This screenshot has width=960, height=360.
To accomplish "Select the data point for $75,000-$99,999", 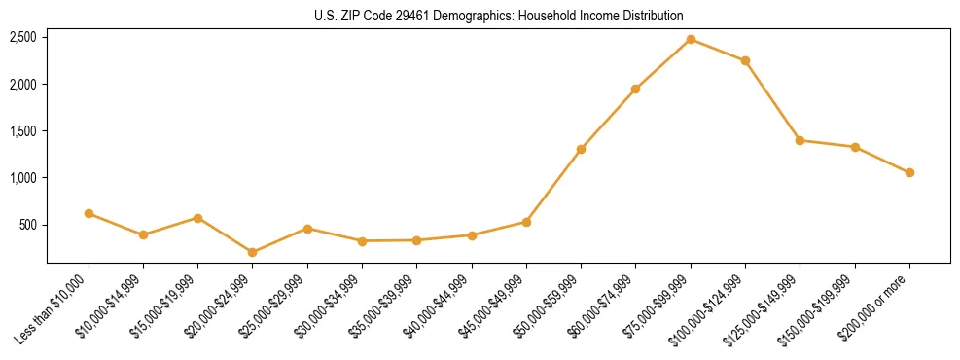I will (691, 39).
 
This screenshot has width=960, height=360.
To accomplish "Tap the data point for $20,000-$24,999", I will (253, 252).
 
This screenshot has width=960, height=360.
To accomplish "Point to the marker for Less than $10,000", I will (89, 213).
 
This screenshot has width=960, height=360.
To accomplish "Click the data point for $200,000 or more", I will (909, 172).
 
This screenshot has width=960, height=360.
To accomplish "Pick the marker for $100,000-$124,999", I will (745, 60).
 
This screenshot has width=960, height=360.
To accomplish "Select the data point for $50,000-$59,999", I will (581, 149).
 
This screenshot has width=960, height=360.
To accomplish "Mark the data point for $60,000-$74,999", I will (635, 89).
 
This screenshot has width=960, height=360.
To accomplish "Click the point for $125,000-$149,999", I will (800, 140).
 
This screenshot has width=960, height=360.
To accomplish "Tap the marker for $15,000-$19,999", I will (197, 218).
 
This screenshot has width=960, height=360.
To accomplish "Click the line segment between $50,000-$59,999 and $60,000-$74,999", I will (608, 119).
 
